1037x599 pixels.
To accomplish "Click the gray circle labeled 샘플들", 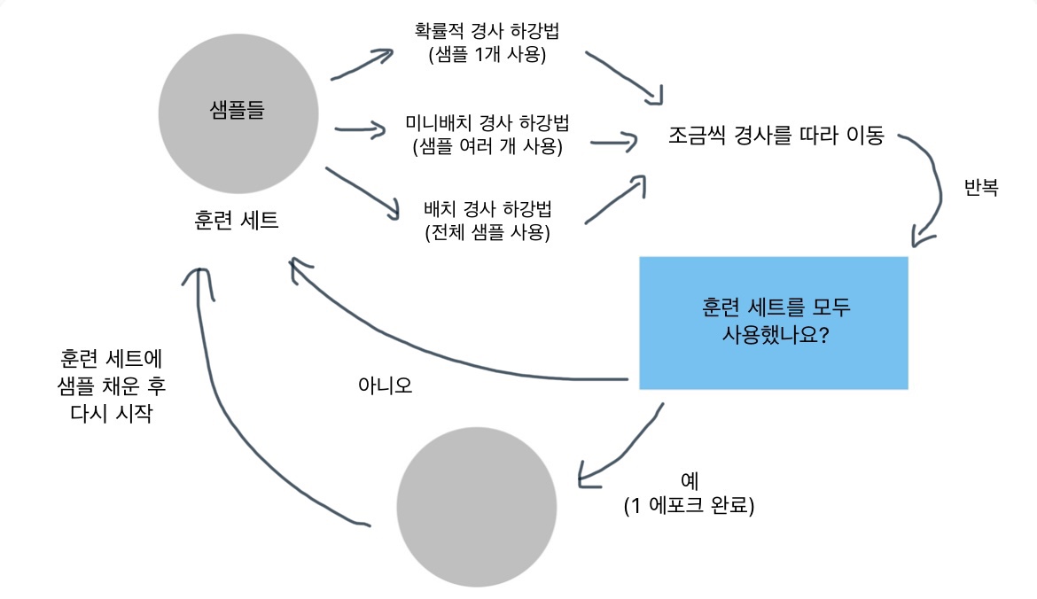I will [x=238, y=113].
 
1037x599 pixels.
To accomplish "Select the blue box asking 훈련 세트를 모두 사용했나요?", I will [x=773, y=323].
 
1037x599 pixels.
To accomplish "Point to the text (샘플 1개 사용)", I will [x=487, y=55].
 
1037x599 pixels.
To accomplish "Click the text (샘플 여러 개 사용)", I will [x=487, y=145].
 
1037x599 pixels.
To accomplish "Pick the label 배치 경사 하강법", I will [x=487, y=211].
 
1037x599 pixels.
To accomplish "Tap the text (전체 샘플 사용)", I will [x=487, y=233].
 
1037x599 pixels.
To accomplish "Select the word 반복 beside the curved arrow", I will [x=981, y=189].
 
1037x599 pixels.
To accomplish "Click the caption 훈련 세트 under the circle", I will [x=237, y=220].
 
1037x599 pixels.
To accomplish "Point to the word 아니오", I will [x=385, y=386].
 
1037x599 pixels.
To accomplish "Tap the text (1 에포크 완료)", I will [x=689, y=507].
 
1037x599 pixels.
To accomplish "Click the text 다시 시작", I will [x=110, y=413].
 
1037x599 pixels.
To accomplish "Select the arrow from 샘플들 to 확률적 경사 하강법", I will [x=362, y=64].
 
